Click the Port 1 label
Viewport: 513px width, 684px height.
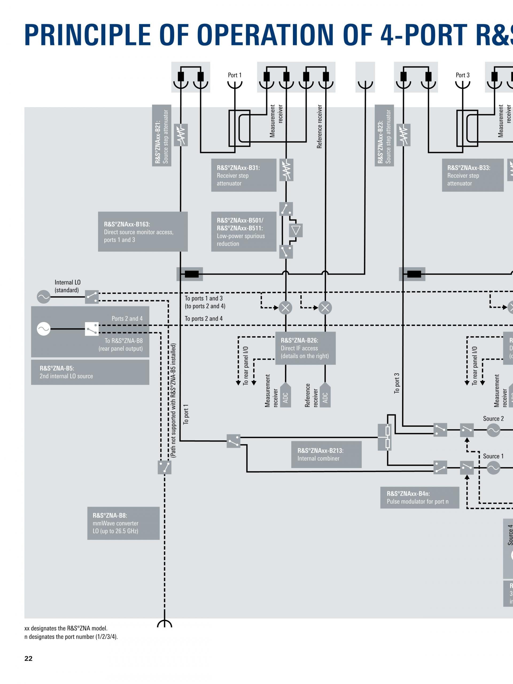(234, 75)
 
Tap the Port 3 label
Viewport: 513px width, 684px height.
(462, 75)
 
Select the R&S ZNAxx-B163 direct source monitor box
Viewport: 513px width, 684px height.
(143, 232)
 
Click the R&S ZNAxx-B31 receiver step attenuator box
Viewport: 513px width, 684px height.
(243, 175)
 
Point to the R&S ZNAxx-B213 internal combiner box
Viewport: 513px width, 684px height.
(326, 454)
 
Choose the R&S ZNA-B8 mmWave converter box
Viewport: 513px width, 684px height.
(123, 523)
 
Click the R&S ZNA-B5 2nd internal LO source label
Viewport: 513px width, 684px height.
(90, 372)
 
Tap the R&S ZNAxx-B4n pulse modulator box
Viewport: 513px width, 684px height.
(419, 498)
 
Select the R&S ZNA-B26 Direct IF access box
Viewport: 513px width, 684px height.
(305, 348)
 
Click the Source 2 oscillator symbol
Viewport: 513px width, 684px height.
(493, 430)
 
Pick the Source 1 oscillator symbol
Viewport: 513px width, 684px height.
(493, 468)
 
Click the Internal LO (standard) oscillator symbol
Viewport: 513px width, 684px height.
(44, 297)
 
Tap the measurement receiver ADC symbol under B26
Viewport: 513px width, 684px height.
(285, 395)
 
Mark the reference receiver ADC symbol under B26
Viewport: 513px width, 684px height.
(325, 395)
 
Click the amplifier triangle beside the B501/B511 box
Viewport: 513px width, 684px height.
(296, 230)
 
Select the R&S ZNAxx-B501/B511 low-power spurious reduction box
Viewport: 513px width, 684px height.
(243, 232)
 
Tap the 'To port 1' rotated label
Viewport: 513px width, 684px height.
(186, 414)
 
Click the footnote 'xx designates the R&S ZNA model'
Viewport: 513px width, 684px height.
(66, 628)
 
